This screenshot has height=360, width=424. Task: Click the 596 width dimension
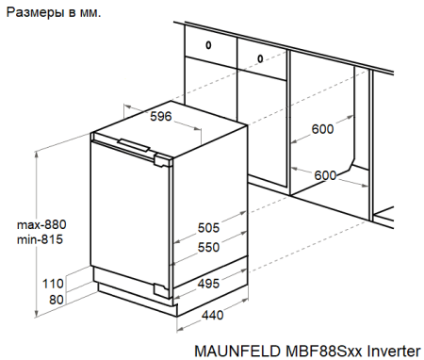(161, 117)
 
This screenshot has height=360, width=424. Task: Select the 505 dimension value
(209, 228)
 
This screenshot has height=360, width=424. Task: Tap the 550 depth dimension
(209, 247)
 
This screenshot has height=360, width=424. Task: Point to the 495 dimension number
(210, 283)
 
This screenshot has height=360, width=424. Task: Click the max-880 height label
(42, 225)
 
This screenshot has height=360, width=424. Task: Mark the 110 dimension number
(53, 283)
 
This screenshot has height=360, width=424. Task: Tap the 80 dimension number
(56, 300)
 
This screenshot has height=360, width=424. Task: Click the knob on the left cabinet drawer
(208, 44)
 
